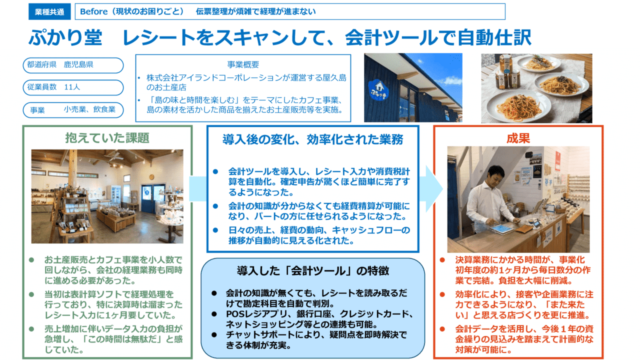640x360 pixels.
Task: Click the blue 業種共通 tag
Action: [49, 11]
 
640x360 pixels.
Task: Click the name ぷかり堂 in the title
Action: [65, 37]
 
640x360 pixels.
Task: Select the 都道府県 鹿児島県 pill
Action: [73, 65]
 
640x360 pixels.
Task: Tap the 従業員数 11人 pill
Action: [73, 87]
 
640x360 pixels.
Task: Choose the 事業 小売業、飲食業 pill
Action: [73, 109]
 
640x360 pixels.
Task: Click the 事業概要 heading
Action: [243, 64]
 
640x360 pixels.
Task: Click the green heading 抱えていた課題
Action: [107, 137]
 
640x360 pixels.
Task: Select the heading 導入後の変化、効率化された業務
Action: [313, 139]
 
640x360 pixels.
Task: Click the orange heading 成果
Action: [518, 137]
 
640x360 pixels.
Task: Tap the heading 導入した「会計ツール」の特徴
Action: [313, 271]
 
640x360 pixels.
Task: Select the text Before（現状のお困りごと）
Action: [132, 11]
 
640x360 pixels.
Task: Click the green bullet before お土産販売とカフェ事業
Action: [31, 260]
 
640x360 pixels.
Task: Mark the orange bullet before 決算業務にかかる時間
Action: [442, 260]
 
